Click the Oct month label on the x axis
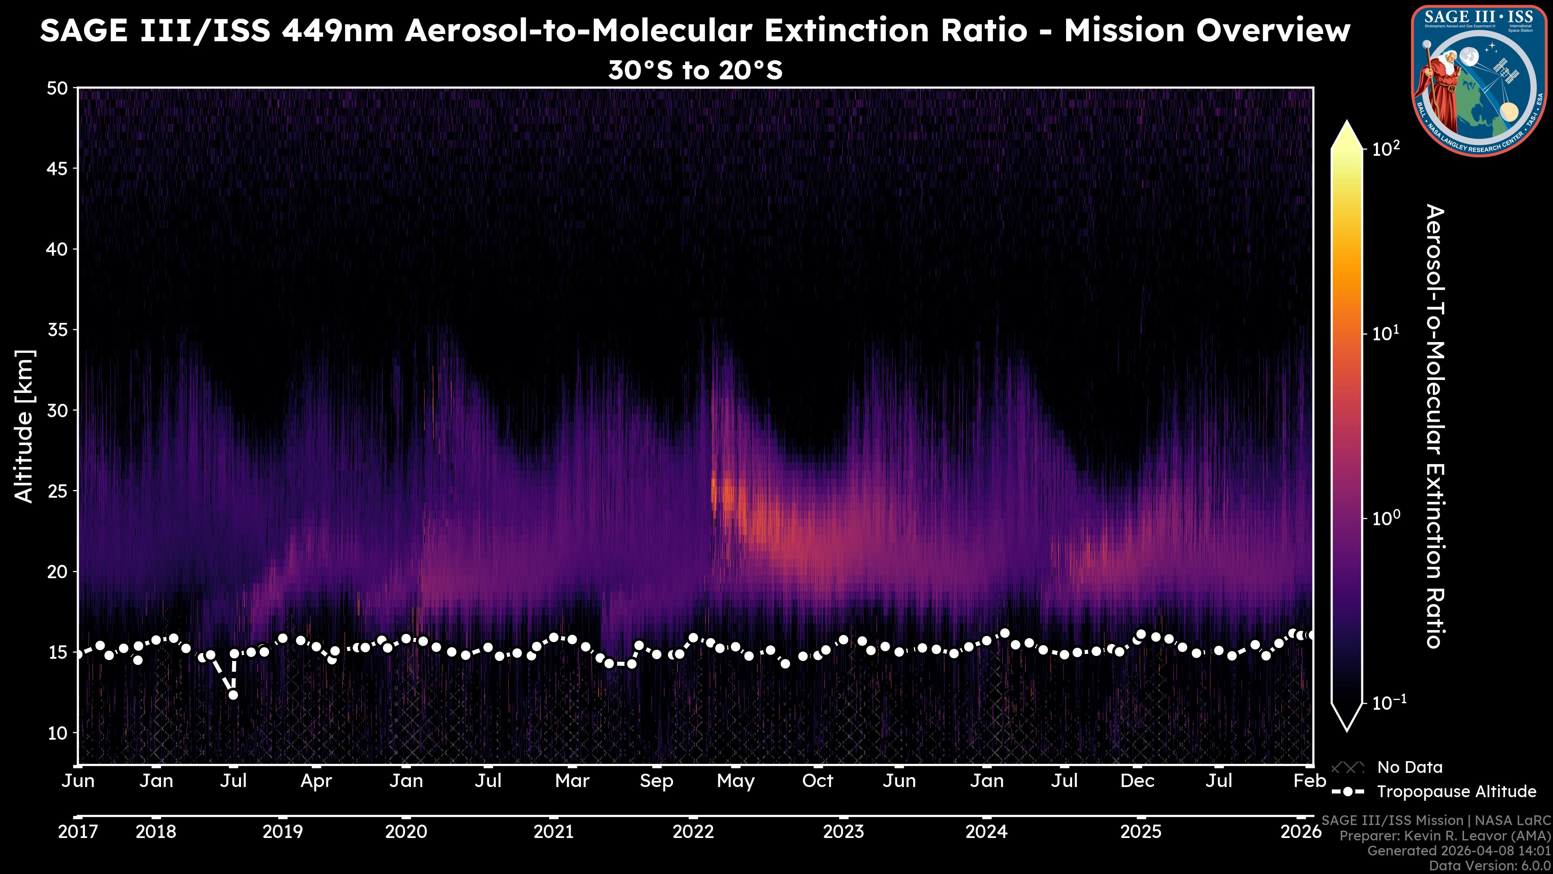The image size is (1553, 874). tap(817, 781)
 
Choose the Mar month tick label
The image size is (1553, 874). tap(571, 781)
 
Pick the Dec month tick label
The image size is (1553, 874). tap(1137, 781)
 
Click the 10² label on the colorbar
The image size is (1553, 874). tap(1386, 148)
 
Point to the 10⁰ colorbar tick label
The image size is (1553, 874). tap(1386, 518)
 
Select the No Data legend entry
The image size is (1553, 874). tap(1409, 767)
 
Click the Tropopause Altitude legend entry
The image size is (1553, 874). tap(1456, 791)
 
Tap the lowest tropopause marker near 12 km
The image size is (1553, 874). tap(233, 695)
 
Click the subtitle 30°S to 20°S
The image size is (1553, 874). tap(695, 70)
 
